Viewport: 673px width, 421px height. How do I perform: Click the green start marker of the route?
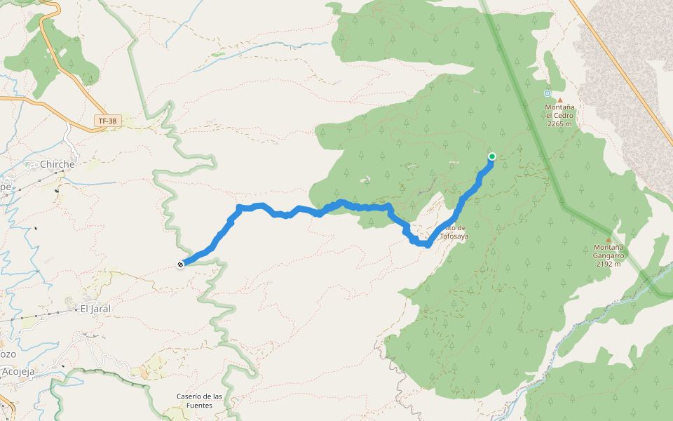point(492,156)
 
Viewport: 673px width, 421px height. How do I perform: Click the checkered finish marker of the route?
point(181,265)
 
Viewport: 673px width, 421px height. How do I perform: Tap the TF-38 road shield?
point(107,121)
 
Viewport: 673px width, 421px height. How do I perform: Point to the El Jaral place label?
point(95,308)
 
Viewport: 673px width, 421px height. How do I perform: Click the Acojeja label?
point(18,371)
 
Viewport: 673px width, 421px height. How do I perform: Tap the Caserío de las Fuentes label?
point(199,401)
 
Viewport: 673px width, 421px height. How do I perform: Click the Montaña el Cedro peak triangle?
point(559,100)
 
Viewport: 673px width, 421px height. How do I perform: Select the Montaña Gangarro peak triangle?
point(609,240)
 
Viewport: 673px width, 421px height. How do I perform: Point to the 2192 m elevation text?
point(609,265)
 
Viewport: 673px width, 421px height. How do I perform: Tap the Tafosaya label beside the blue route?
point(454,236)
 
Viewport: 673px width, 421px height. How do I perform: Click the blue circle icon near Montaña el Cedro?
point(548,93)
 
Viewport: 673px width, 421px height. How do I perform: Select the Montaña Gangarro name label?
point(609,248)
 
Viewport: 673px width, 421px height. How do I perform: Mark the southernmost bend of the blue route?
point(427,246)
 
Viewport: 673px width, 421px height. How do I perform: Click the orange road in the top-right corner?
point(617,63)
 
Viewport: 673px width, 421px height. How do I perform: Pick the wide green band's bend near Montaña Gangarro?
point(564,206)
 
